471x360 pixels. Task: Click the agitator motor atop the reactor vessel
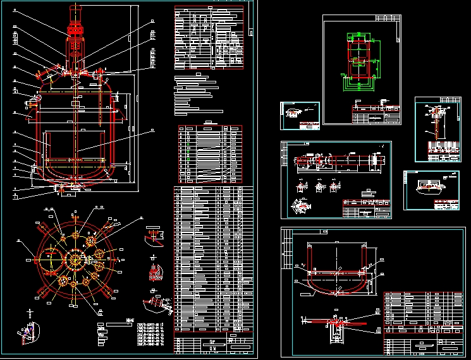pyautogui.click(x=75, y=28)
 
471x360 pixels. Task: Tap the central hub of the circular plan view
pyautogui.click(x=76, y=260)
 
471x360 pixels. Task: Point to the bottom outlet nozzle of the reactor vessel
pyautogui.click(x=75, y=188)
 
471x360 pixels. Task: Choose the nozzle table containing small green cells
pyautogui.click(x=210, y=154)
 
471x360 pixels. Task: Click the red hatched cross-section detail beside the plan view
pyautogui.click(x=154, y=273)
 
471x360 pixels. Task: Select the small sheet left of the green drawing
pyautogui.click(x=300, y=116)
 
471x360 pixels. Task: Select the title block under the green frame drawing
pyautogui.click(x=376, y=116)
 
